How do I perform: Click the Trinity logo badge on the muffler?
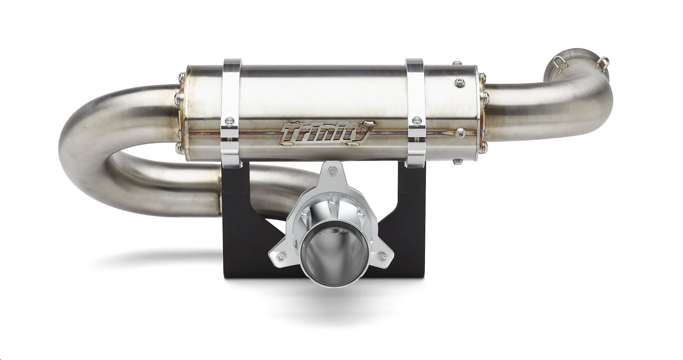tap(326, 133)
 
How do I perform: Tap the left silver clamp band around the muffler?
tap(231, 94)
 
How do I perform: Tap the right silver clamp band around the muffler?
tap(415, 94)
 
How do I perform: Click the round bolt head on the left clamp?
tap(230, 121)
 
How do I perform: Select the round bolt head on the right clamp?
tap(416, 121)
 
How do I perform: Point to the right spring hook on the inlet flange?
tap(602, 62)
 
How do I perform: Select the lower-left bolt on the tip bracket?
tap(280, 257)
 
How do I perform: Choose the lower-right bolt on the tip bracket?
tap(382, 257)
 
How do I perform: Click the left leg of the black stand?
tap(241, 227)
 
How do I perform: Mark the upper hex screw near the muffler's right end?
tap(459, 83)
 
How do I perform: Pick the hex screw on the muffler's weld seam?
tap(460, 133)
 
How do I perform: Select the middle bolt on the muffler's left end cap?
tap(178, 99)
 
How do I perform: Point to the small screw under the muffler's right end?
tap(457, 162)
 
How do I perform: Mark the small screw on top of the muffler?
tap(457, 63)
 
